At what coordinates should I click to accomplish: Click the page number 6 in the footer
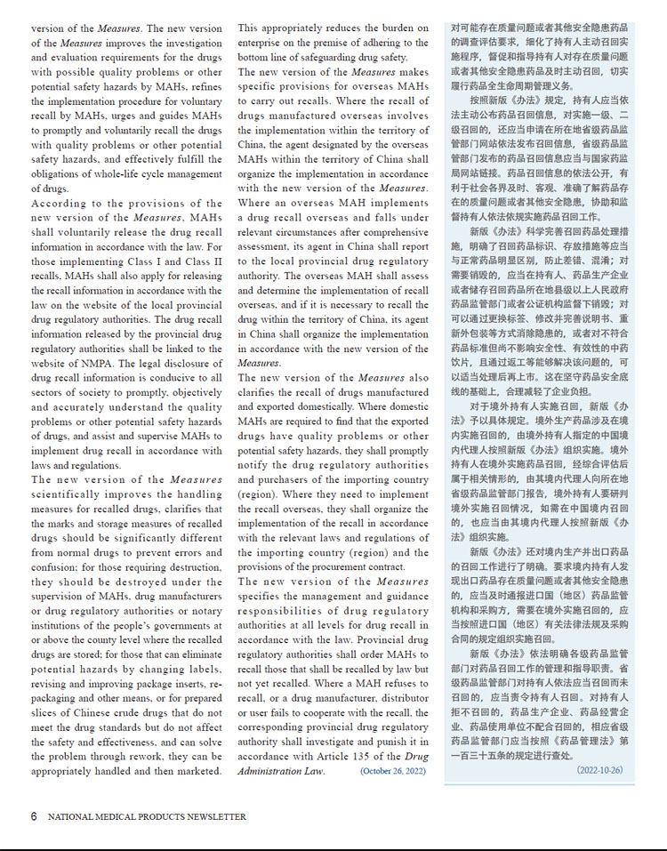pos(34,816)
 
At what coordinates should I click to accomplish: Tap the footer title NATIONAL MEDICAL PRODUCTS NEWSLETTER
pos(147,816)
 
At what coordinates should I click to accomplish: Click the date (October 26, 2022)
pos(394,770)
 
